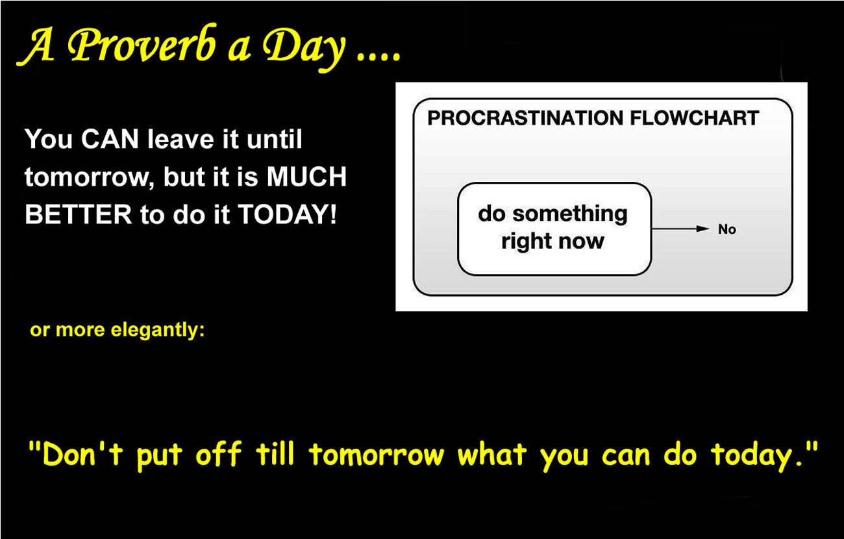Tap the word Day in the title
pyautogui.click(x=304, y=49)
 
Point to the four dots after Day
pyautogui.click(x=379, y=57)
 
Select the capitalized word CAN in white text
pyautogui.click(x=110, y=139)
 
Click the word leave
pyautogui.click(x=181, y=139)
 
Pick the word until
pyautogui.click(x=274, y=139)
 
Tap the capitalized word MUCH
pyautogui.click(x=306, y=177)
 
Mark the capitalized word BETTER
pyautogui.click(x=79, y=214)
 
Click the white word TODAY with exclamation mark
pyautogui.click(x=287, y=214)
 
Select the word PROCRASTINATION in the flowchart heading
pyautogui.click(x=525, y=118)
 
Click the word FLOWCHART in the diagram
pyautogui.click(x=695, y=118)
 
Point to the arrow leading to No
pyautogui.click(x=681, y=229)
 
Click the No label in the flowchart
pyautogui.click(x=727, y=229)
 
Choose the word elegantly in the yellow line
pyautogui.click(x=158, y=331)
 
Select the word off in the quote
pyautogui.click(x=219, y=453)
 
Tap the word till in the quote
pyautogui.click(x=275, y=453)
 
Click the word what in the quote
pyautogui.click(x=492, y=453)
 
